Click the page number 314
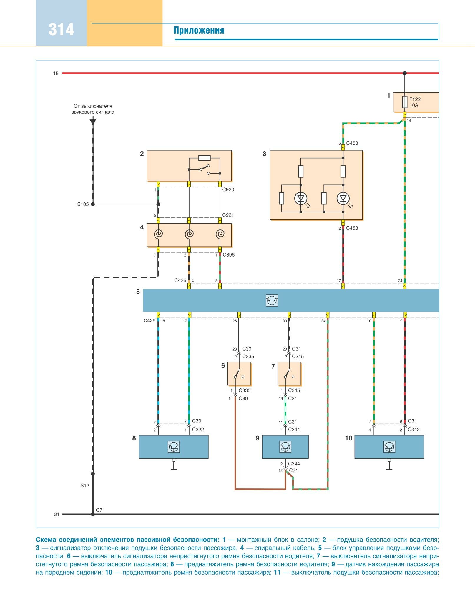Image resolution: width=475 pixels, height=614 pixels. pos(61,29)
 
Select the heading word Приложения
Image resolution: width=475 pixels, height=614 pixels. pos(199,30)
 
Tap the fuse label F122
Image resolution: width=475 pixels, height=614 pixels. pos(415,99)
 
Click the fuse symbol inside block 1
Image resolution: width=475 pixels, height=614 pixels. pos(405,102)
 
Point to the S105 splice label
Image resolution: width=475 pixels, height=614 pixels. pos(83,204)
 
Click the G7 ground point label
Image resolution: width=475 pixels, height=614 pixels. pos(99,510)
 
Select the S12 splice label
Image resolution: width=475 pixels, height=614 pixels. pos(85,485)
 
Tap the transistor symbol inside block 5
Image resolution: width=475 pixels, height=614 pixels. pos(272,300)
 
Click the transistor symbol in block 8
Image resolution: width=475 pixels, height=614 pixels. pos(174,447)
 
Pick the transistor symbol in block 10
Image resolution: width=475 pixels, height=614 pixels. pos(389,447)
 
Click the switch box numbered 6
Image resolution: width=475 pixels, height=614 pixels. pos(239,374)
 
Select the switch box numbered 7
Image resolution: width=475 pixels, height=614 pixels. pos(289,374)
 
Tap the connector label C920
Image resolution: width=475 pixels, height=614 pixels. pos(228,190)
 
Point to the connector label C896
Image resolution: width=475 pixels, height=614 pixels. pos(229,255)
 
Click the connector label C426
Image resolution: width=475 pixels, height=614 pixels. pos(180,280)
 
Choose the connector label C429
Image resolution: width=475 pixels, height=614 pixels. pos(149,321)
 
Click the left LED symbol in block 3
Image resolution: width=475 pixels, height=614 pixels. pos(300,199)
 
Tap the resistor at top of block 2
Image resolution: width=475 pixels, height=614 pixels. pos(204,158)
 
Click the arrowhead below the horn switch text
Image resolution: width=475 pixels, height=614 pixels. pos(93,121)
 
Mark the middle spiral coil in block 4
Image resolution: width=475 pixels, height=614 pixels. pos(189,234)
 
